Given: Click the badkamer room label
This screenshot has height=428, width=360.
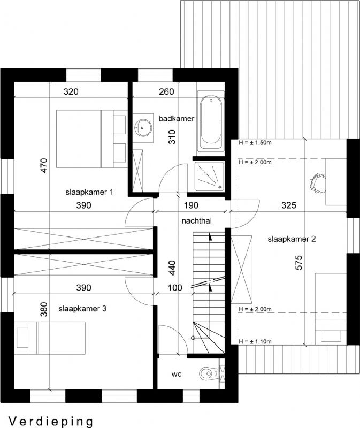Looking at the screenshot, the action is point(177,118).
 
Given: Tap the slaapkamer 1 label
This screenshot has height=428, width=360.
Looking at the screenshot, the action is point(89,192).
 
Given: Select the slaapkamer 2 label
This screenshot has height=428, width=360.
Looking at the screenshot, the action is point(292,239).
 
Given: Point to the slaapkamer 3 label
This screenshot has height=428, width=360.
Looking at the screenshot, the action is point(82,309).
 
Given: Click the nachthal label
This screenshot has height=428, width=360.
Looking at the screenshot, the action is point(196,221).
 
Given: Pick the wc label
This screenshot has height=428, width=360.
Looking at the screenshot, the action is point(177,374).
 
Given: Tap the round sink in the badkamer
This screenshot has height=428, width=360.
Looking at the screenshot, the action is point(143,127).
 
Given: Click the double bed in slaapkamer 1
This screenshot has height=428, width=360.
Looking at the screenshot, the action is point(91,139).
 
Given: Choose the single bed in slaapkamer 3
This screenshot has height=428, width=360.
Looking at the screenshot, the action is point(50,338).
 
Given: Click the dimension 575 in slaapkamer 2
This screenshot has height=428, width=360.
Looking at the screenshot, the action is point(299,263).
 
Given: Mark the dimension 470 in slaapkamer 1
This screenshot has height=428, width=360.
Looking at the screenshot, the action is point(44,165).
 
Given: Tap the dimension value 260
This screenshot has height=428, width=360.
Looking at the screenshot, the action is point(166,91).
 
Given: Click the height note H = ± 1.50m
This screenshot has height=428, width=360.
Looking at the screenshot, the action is point(255,142).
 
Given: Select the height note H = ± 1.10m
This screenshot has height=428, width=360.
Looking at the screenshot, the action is point(255,341).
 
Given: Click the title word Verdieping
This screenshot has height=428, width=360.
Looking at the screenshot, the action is point(51,422).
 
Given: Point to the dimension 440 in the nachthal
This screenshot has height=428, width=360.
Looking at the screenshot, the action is point(172,267).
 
